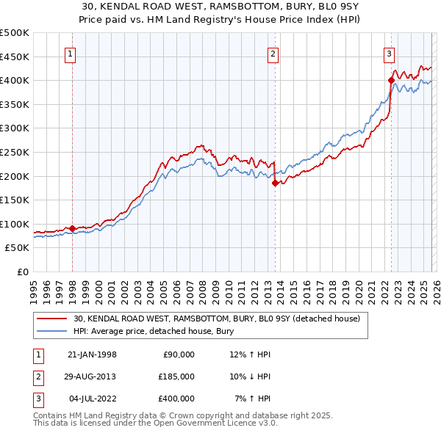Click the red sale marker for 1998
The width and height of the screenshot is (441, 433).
73,228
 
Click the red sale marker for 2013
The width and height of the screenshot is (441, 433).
276,183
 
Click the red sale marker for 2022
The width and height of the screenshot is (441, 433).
391,81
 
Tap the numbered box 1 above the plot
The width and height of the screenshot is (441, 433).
71,54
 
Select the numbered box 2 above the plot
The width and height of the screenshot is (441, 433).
273,54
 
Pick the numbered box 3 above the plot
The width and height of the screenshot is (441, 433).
388,54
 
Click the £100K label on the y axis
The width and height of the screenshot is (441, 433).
15,224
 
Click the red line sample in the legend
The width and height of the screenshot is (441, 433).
52,319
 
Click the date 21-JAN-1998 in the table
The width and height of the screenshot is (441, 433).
92,354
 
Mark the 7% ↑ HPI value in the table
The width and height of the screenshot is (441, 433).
252,399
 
